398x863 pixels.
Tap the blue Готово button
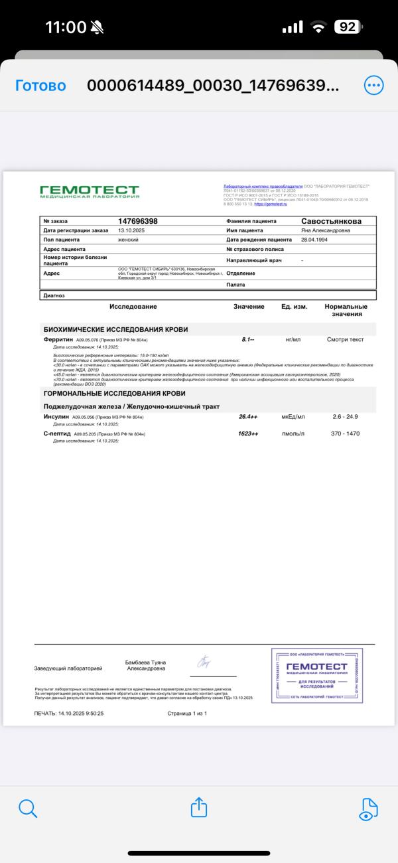point(40,86)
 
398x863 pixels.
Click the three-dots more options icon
point(373,85)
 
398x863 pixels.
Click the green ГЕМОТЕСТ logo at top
point(90,192)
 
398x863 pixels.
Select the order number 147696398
point(138,220)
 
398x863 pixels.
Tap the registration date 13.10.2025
point(131,230)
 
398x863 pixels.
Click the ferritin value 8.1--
point(248,339)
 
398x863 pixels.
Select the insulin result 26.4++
point(248,416)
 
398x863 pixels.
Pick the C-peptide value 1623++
point(248,433)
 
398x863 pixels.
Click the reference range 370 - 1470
point(345,433)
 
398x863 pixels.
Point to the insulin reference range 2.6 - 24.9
point(345,416)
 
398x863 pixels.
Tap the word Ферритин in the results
point(58,339)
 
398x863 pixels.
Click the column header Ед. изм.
point(295,307)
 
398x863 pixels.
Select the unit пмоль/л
point(293,433)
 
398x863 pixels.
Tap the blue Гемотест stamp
point(317,675)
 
